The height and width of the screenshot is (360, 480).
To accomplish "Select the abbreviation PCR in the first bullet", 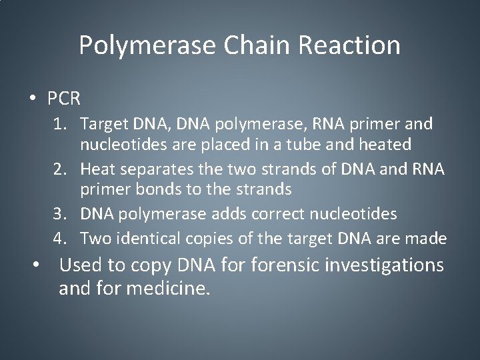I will click(x=64, y=99).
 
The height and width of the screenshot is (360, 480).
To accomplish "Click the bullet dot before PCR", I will click(x=33, y=99).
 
